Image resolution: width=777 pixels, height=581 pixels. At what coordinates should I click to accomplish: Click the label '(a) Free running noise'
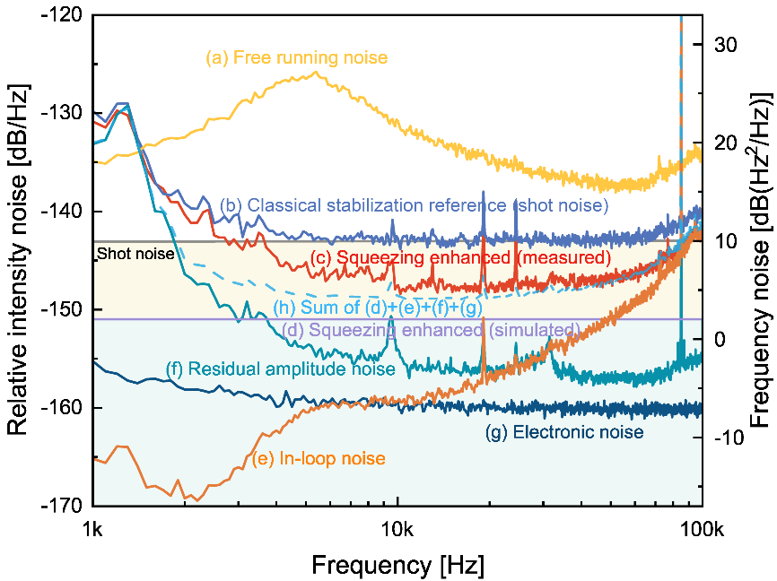click(297, 57)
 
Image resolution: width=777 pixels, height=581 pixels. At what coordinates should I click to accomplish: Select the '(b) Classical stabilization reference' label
click(363, 205)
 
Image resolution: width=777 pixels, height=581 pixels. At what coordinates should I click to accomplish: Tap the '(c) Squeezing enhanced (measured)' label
click(461, 257)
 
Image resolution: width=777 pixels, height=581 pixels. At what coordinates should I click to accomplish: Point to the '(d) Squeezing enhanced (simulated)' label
click(431, 330)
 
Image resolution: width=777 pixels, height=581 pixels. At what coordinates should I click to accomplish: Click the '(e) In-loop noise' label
click(319, 458)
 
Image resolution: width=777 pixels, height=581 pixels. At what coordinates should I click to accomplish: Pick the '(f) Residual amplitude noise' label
click(281, 369)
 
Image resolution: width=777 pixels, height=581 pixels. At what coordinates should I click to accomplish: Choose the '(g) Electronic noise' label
click(564, 432)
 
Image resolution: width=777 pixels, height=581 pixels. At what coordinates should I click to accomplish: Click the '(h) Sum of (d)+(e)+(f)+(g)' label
click(378, 308)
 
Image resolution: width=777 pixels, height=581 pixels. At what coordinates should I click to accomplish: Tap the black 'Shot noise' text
click(135, 254)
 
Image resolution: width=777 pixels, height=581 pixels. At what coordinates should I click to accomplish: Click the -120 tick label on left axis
click(61, 14)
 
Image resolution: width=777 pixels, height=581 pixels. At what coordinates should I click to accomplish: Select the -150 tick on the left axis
click(61, 309)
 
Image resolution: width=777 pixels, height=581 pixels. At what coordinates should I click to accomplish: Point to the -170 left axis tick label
click(61, 506)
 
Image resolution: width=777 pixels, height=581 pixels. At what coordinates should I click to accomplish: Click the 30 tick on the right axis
click(726, 45)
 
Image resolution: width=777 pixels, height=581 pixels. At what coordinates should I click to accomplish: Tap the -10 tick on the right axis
click(729, 438)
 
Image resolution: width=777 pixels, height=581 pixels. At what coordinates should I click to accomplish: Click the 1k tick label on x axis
click(92, 530)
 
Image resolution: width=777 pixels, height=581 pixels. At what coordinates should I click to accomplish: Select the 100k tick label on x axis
click(703, 530)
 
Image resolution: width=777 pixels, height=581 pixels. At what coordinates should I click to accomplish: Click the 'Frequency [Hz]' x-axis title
click(397, 565)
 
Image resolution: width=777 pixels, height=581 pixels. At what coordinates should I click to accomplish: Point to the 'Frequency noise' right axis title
click(761, 365)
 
